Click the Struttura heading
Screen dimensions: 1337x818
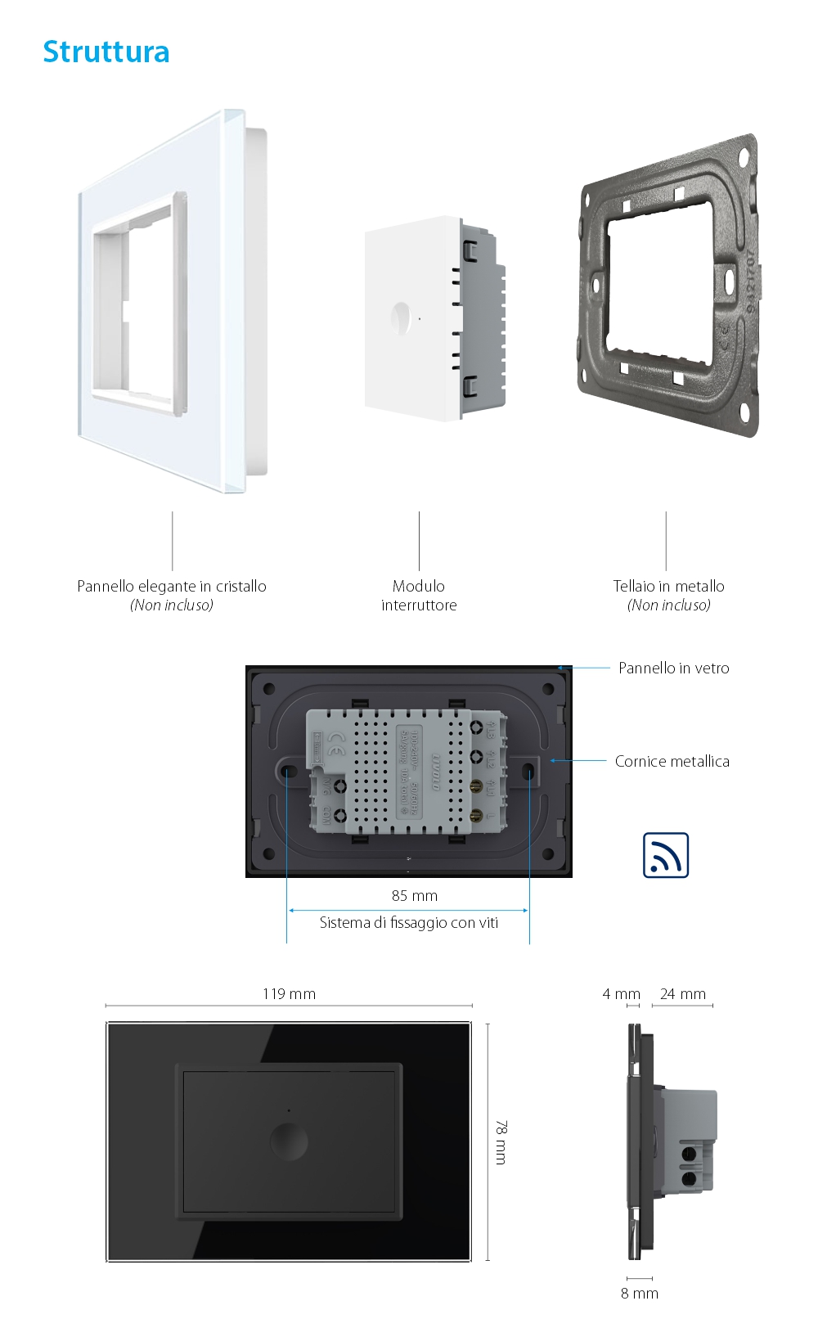coord(106,52)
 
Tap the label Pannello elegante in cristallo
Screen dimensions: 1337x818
coord(172,586)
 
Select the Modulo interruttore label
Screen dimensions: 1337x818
coord(419,596)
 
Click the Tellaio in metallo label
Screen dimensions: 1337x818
coord(668,586)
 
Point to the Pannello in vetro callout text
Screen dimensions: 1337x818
coord(673,668)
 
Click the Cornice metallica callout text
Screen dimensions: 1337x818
coord(672,761)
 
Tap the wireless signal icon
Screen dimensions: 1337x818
coord(666,855)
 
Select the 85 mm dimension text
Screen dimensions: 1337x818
coord(414,895)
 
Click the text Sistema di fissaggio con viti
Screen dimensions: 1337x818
coord(408,922)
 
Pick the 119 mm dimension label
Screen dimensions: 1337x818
coord(289,993)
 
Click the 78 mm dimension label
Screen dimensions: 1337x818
coord(501,1142)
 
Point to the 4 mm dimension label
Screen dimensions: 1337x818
coord(621,993)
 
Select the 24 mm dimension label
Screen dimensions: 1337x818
coord(682,993)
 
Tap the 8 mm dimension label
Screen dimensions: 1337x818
coord(639,1293)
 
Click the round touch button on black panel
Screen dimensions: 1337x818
coord(289,1141)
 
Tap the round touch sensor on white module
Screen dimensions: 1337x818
coord(401,318)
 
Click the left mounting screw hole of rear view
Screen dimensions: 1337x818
coord(289,771)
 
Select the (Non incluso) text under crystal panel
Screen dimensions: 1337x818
coord(172,605)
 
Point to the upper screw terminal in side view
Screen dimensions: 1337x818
coord(689,1154)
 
